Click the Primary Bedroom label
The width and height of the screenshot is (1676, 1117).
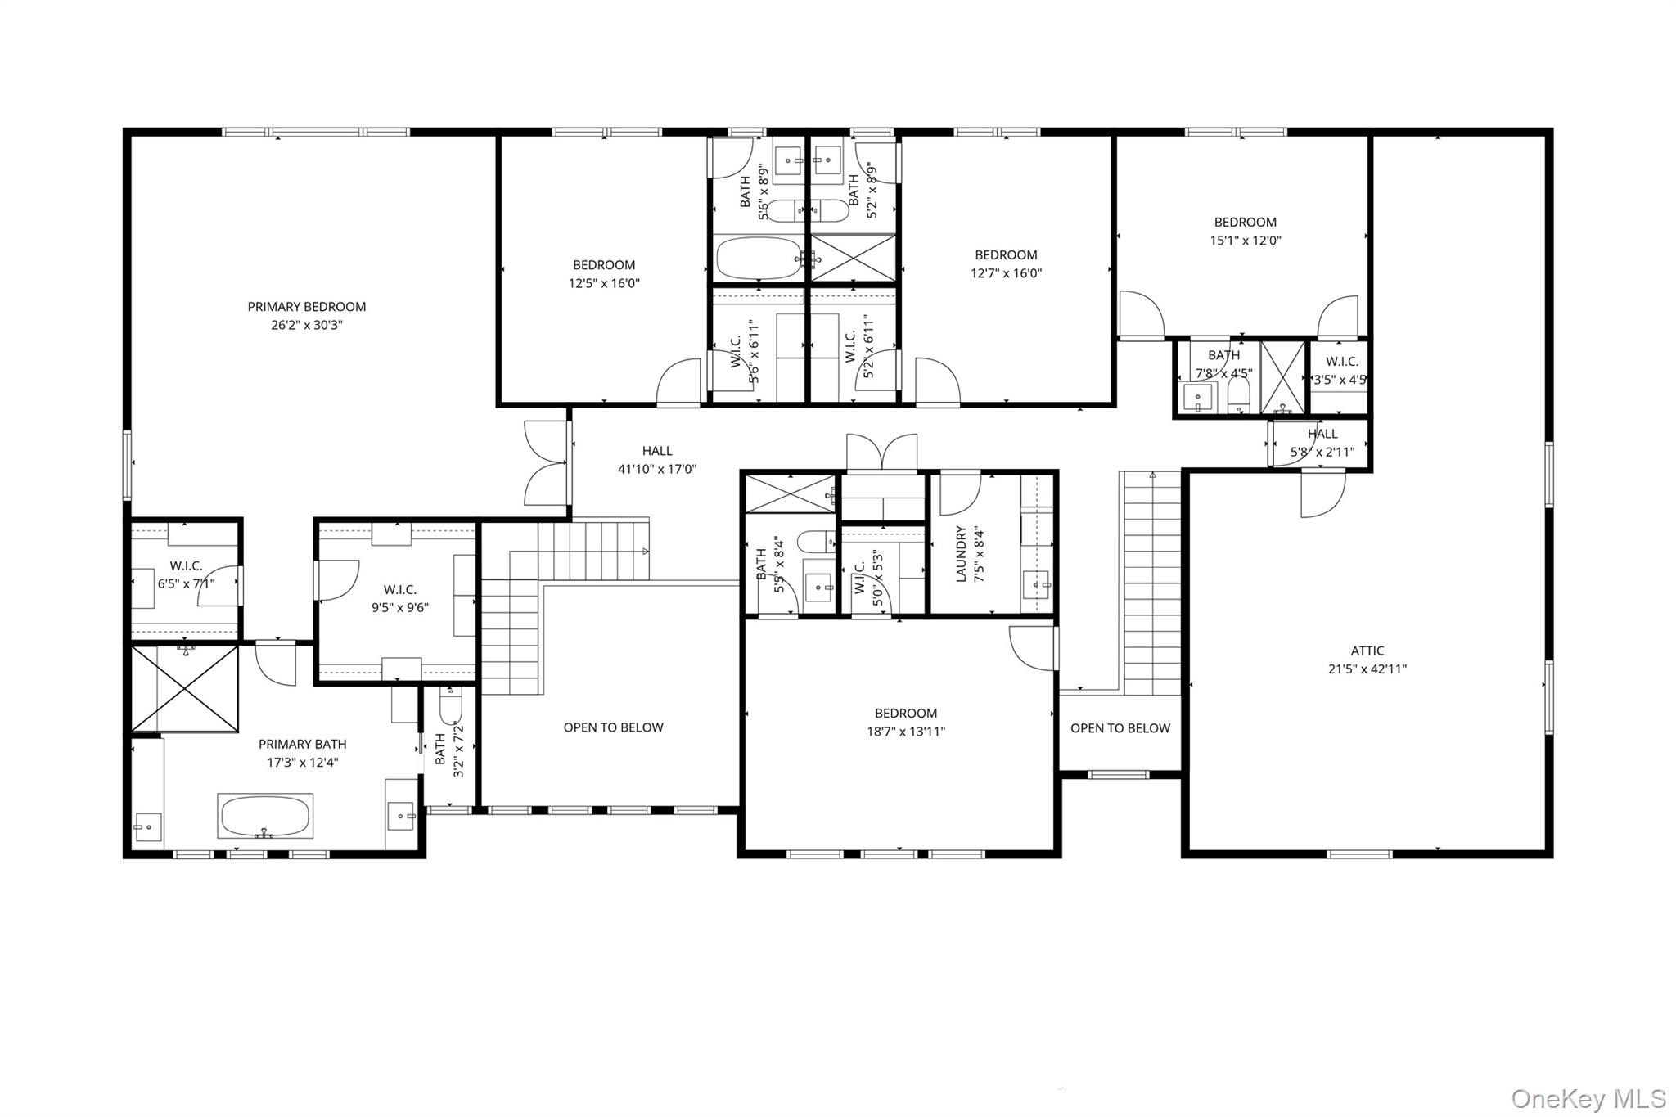point(306,307)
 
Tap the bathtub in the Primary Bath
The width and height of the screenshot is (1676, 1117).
point(264,815)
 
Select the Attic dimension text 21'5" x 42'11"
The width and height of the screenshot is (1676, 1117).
point(1367,669)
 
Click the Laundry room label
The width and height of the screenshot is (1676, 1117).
point(962,554)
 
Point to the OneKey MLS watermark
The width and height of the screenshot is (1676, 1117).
point(1588,1098)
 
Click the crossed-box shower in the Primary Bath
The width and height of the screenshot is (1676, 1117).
point(185,688)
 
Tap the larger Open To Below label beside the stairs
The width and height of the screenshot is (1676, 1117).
point(613,727)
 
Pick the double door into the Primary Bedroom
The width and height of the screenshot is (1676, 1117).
point(546,463)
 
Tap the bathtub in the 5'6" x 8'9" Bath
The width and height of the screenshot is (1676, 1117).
point(758,259)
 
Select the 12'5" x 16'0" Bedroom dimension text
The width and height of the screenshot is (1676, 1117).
point(604,284)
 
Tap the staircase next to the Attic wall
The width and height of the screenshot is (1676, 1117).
point(1151,581)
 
